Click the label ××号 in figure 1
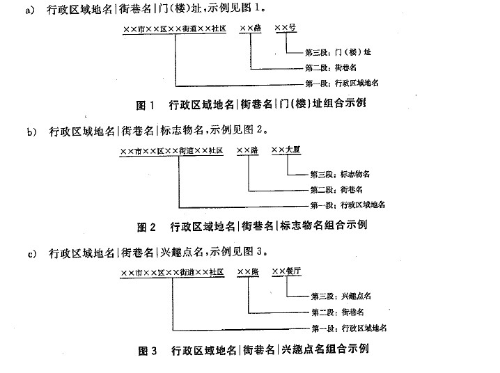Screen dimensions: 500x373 [x=286, y=28]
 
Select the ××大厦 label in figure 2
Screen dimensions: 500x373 [x=286, y=150]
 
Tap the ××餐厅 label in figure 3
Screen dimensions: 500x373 [x=286, y=271]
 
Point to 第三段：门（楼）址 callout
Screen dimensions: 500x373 [x=338, y=52]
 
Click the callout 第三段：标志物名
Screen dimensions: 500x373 [x=340, y=174]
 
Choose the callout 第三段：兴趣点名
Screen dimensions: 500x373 [x=341, y=296]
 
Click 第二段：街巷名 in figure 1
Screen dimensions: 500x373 [x=331, y=68]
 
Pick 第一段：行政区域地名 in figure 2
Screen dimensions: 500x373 [x=348, y=205]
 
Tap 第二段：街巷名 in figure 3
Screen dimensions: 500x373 [x=338, y=312]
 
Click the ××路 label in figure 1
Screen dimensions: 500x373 [x=251, y=29]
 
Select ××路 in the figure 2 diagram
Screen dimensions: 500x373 [x=248, y=150]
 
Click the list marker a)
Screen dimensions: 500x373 [x=31, y=10]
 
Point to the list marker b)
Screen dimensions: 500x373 [x=32, y=132]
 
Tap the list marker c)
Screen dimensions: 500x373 [x=32, y=254]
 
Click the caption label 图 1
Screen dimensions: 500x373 [x=146, y=105]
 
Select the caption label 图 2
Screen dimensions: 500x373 [x=146, y=227]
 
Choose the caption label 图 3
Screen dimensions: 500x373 [x=148, y=351]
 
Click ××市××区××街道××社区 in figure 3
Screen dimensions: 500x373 [x=172, y=273]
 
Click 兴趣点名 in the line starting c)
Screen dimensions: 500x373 [x=182, y=253]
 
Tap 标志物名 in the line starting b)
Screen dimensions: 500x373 [x=182, y=131]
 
